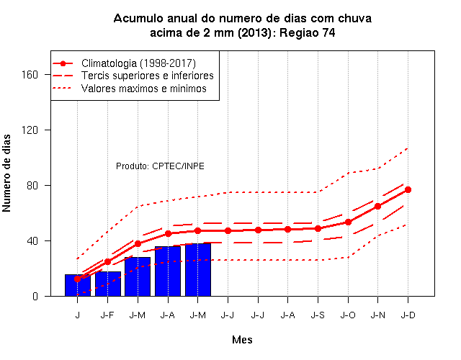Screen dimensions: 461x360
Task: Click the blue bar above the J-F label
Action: (x=108, y=284)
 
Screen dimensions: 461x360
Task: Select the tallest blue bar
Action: (x=198, y=270)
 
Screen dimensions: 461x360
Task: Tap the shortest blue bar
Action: (x=78, y=285)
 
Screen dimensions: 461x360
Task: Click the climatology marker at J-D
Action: (x=408, y=190)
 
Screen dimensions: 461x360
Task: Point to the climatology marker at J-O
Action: (x=348, y=222)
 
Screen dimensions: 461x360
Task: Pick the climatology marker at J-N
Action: (x=377, y=207)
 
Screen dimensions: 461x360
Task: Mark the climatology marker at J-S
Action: (x=318, y=228)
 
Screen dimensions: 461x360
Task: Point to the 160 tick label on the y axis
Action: (x=30, y=75)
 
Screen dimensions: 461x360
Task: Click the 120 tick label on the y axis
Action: (x=30, y=130)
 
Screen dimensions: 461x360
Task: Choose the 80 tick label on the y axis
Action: (x=32, y=186)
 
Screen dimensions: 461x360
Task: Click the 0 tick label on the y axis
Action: (x=35, y=296)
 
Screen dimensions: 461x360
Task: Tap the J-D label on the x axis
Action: (x=408, y=315)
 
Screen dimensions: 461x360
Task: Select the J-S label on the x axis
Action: (x=318, y=315)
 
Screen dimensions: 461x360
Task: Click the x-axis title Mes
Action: (x=242, y=340)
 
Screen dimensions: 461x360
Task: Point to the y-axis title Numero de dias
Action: (x=6, y=174)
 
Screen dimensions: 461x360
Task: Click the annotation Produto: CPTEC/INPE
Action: (x=160, y=166)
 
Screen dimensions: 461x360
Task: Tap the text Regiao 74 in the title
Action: (x=308, y=32)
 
